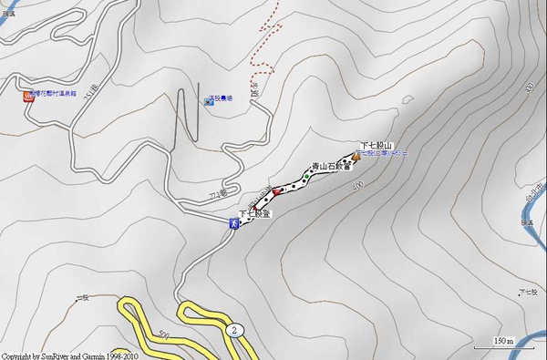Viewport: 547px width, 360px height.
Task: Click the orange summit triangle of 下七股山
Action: (x=355, y=156)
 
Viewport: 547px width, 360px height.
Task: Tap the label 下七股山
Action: (x=375, y=146)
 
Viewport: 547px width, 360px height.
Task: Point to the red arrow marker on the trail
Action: (x=273, y=192)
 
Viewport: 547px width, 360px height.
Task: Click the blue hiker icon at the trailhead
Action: (x=234, y=222)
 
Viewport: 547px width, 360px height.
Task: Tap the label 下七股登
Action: (x=256, y=212)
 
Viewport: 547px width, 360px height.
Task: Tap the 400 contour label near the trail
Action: (x=356, y=186)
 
